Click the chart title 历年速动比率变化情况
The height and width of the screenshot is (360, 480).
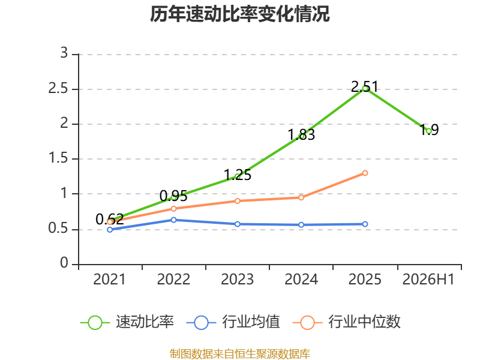coord(239,14)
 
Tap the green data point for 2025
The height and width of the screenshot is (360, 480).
coord(365,89)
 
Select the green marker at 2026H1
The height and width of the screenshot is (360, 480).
coord(428,131)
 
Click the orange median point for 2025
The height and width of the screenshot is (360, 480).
coord(365,173)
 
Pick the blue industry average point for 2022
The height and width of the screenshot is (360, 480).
coord(173,220)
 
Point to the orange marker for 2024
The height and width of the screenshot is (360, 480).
coord(301,197)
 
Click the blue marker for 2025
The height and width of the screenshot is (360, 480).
coord(365,224)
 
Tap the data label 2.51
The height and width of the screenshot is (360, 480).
coord(365,86)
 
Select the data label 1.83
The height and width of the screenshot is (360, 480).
coord(301,134)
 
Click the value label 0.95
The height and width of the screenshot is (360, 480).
coord(173,196)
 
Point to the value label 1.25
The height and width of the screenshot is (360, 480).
coord(238,175)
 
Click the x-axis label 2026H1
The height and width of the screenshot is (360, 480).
coord(428,280)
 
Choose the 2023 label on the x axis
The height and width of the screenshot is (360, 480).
coord(237,280)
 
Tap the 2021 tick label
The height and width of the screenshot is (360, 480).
coord(110,280)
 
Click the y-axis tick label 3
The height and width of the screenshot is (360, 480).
coord(64,53)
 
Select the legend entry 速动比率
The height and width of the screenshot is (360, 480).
coord(127,322)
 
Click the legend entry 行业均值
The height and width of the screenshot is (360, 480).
coord(233,322)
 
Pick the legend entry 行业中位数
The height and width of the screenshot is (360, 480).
coord(347,322)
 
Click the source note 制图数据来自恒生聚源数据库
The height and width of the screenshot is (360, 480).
coord(239,354)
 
